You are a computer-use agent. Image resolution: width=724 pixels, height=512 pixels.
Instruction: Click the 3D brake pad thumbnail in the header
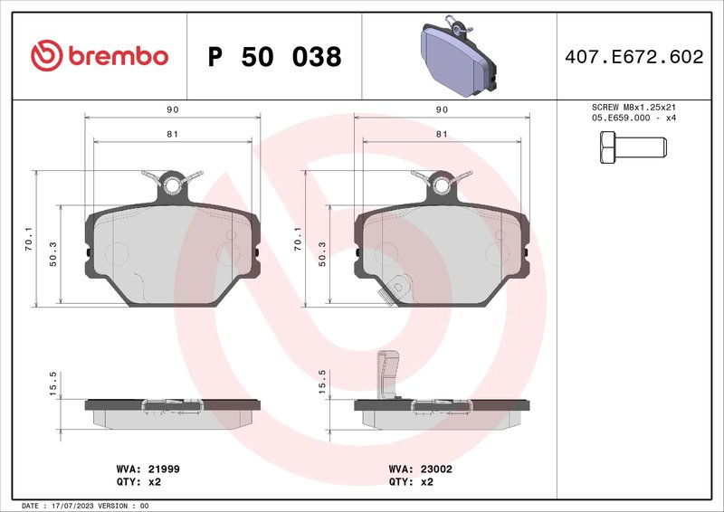[458, 55]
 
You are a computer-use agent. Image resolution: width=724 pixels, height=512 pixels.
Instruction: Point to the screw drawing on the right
[632, 146]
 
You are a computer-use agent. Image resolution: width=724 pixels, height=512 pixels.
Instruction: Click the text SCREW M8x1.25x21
[633, 107]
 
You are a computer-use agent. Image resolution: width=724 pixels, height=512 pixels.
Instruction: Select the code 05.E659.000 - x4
[633, 119]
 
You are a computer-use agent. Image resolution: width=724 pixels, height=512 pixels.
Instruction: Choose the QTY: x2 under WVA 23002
[412, 482]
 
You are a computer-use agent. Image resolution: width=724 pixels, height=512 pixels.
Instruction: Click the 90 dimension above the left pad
[172, 109]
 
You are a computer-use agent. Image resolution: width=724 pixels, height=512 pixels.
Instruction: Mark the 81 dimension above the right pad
[443, 134]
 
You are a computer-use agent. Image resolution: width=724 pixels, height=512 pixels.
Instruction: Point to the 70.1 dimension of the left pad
[28, 239]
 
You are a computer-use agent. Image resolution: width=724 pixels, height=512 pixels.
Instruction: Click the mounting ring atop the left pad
[171, 185]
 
